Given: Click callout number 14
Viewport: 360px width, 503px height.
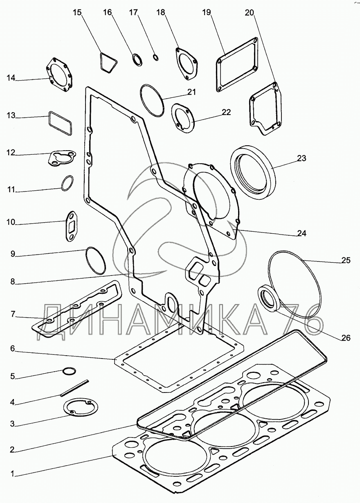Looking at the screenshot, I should pyautogui.click(x=10, y=78).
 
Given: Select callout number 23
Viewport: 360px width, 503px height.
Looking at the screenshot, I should pyautogui.click(x=301, y=158).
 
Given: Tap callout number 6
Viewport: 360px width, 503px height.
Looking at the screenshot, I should pyautogui.click(x=13, y=349).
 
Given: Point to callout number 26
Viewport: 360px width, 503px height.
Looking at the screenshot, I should pyautogui.click(x=346, y=338).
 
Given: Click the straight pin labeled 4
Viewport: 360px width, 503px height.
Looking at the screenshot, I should pyautogui.click(x=74, y=388).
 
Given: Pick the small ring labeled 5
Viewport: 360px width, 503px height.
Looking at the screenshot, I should pyautogui.click(x=69, y=371).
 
